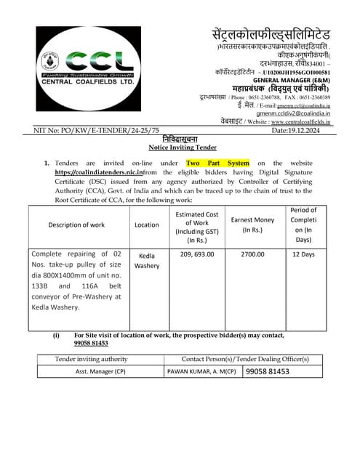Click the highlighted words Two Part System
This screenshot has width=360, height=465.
click(217, 163)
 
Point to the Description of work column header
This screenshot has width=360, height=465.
click(76, 225)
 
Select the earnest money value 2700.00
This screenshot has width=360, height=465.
click(252, 255)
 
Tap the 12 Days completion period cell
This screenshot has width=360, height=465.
click(303, 255)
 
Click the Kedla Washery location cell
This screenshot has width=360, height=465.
click(147, 260)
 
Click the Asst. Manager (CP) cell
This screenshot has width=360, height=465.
click(100, 371)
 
